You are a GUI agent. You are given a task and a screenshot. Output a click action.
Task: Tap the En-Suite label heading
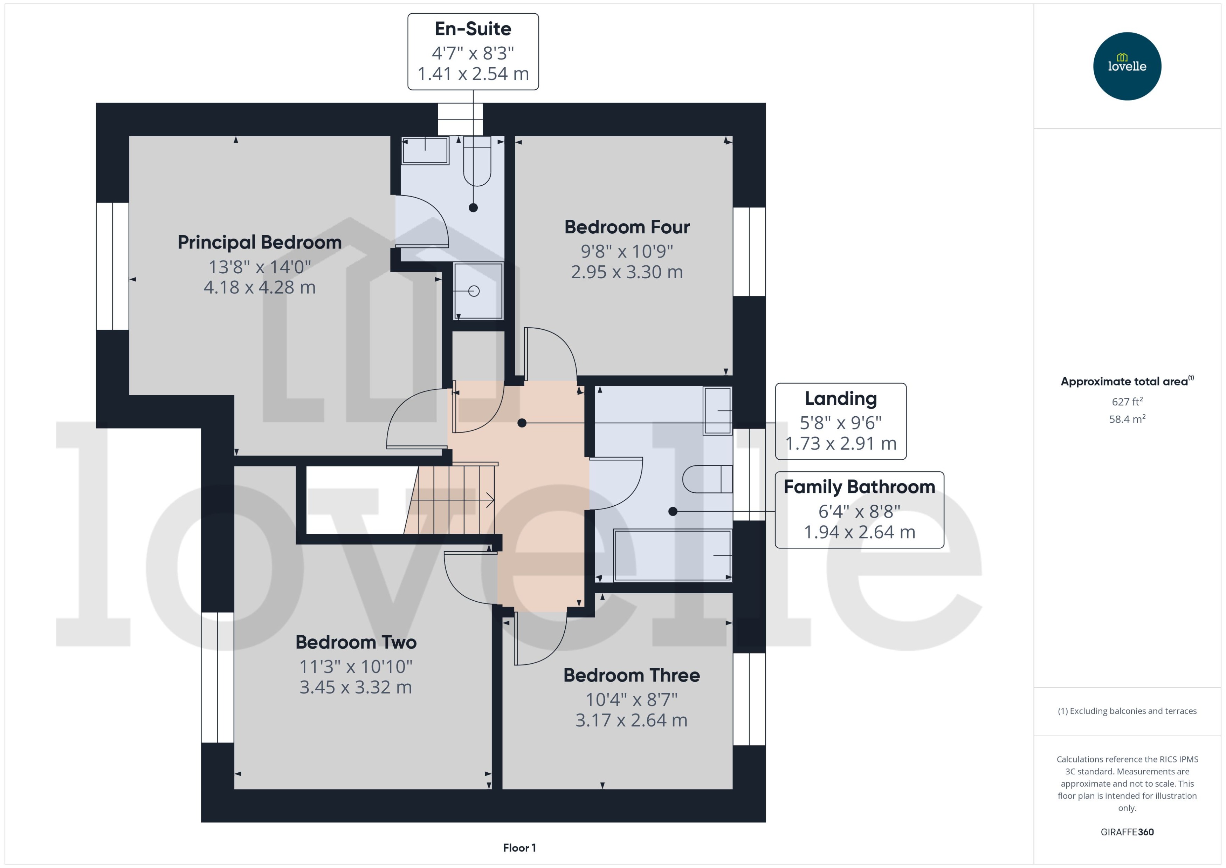click(473, 29)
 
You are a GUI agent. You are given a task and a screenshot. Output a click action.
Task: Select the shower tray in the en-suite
click(478, 291)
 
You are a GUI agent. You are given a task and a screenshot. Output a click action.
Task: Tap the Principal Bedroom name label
click(260, 242)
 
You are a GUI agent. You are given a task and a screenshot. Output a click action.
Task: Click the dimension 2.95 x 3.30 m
click(627, 272)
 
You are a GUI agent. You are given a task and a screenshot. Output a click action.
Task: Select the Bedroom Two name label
click(356, 642)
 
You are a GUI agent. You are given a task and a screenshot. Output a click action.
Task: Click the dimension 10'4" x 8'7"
click(632, 699)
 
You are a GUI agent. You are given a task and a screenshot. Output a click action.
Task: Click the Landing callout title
click(840, 399)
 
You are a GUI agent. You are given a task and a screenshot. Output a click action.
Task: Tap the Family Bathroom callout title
click(859, 487)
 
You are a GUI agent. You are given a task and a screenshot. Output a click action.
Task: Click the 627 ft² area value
click(1127, 401)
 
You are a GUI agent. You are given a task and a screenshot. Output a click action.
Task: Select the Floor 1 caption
click(519, 848)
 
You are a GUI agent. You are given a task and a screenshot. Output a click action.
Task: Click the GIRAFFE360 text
click(1127, 832)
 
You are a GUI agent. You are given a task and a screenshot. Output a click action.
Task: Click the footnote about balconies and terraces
click(1127, 711)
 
